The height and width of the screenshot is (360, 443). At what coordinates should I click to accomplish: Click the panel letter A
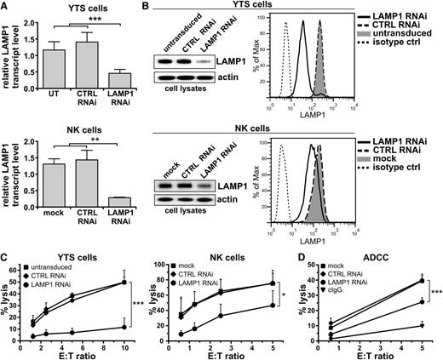click(x=6, y=7)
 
